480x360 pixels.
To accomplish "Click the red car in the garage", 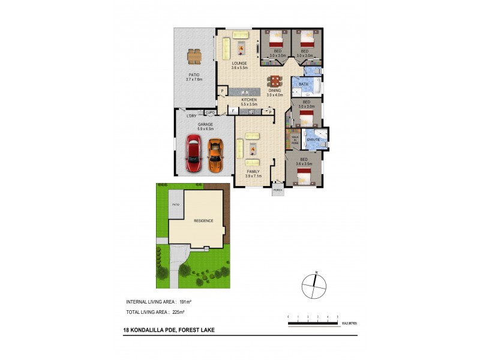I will [x=194, y=153].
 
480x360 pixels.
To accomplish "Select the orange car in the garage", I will [x=215, y=154].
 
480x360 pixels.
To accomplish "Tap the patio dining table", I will [x=194, y=56].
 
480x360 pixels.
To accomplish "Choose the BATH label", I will [x=304, y=85].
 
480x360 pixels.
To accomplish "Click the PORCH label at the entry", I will [x=278, y=190].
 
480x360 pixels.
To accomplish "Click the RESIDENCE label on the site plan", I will [x=203, y=221].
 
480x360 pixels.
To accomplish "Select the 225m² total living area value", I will [x=178, y=313].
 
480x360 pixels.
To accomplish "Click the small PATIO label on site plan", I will [x=176, y=205].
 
